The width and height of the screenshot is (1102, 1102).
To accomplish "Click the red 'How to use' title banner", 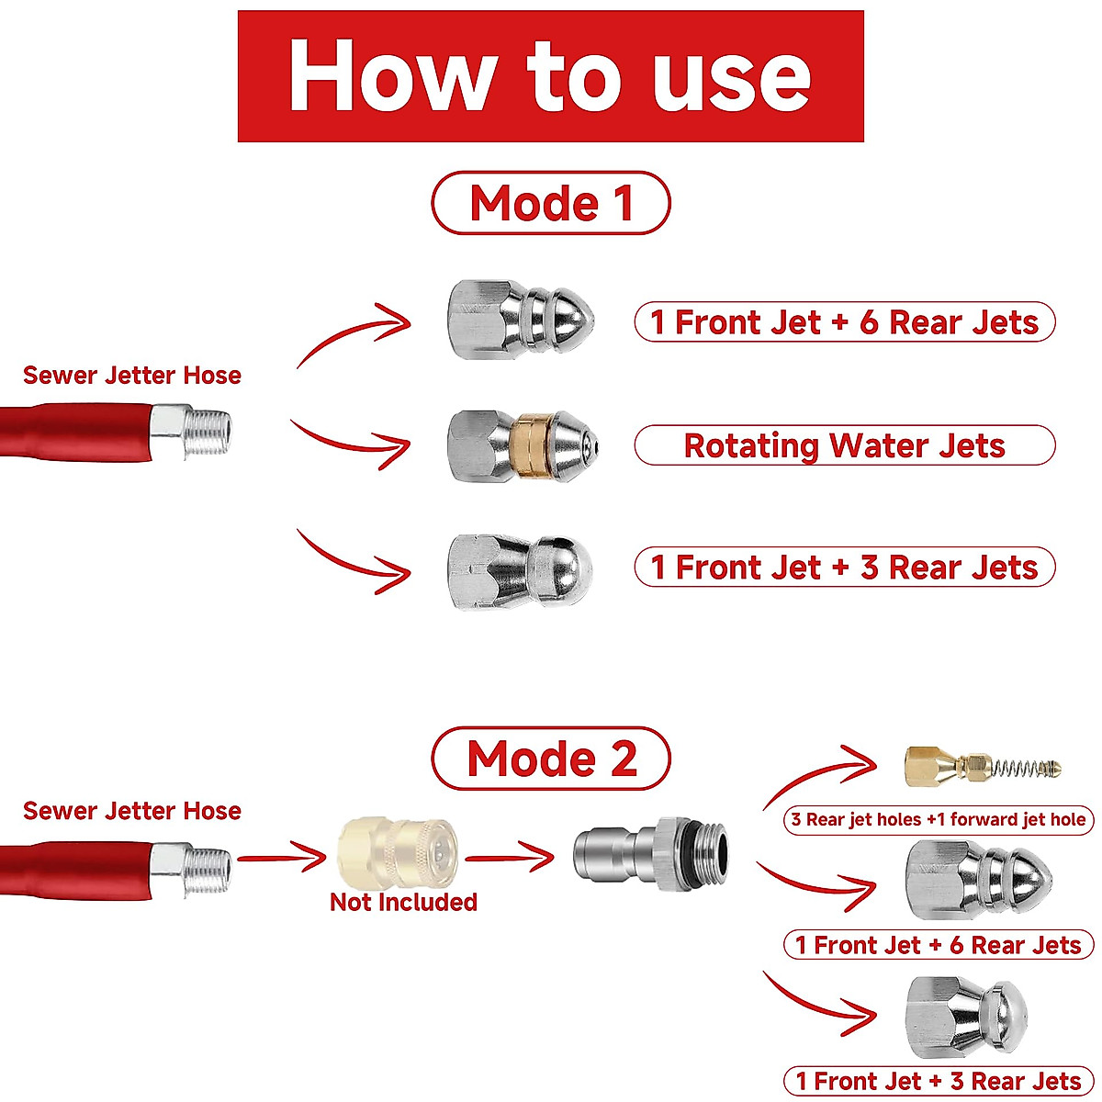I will [x=550, y=76].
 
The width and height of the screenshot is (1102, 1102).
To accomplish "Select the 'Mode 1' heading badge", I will [x=550, y=203].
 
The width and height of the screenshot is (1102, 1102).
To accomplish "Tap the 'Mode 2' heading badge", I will [x=550, y=759].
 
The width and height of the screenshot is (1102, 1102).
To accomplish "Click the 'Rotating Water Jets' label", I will [x=844, y=445].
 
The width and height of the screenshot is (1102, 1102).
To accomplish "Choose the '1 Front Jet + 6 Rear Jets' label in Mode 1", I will [x=844, y=322].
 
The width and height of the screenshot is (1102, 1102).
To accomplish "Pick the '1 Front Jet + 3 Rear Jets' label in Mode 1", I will [x=844, y=568].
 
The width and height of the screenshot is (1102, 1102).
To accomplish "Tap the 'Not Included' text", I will [x=403, y=902].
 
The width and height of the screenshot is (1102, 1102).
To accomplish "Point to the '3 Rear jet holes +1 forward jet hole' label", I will [x=938, y=820].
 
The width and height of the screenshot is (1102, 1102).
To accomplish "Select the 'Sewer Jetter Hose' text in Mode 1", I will [x=132, y=376].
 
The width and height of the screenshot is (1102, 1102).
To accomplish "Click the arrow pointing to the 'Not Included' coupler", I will [x=283, y=859].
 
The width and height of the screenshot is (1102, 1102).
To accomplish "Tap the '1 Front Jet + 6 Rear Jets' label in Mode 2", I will [x=938, y=945].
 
